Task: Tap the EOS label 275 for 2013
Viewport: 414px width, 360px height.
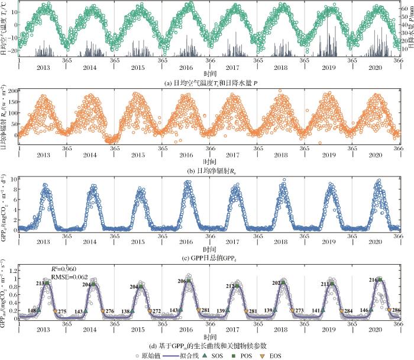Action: (62, 311)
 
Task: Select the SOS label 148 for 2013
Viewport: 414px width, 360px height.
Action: (32, 310)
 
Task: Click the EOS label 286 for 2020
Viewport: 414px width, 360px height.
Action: (396, 310)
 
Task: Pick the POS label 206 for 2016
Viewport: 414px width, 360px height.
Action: (182, 282)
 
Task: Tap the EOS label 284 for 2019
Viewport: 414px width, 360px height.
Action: (348, 311)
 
